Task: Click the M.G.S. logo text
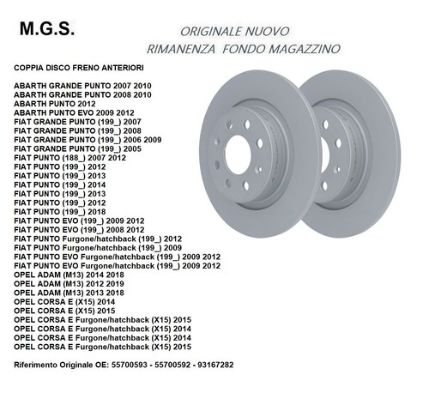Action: [x=47, y=29]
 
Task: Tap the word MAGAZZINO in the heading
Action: [x=305, y=49]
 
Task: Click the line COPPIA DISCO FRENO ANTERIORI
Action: [x=79, y=68]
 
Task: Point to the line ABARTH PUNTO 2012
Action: [x=55, y=104]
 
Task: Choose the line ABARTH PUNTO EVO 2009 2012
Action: [x=74, y=113]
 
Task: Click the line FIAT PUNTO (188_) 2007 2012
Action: [x=69, y=158]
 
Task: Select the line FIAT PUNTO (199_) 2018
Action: [x=60, y=212]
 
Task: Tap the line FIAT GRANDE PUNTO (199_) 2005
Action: [x=77, y=149]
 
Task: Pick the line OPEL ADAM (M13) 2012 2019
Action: [x=69, y=284]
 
